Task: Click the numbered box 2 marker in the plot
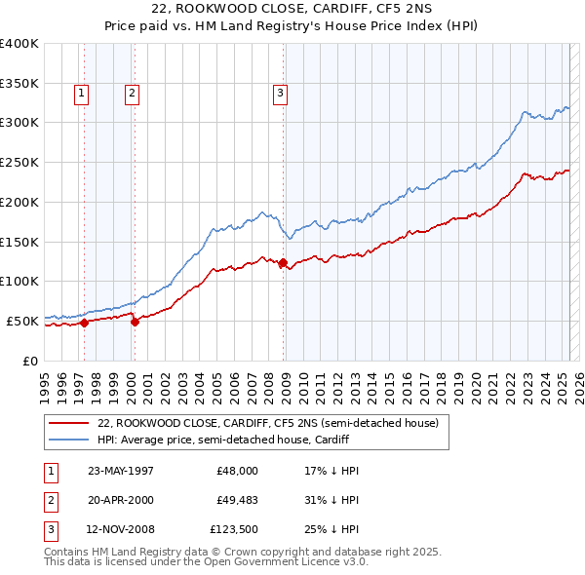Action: (131, 94)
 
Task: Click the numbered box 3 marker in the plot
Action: (280, 94)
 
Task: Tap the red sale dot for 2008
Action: (283, 262)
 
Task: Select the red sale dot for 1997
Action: (85, 323)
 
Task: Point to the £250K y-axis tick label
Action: (19, 162)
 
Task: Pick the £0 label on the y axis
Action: (32, 361)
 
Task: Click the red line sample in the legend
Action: (69, 424)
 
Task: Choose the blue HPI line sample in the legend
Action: (69, 440)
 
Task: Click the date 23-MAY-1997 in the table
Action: (121, 471)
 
